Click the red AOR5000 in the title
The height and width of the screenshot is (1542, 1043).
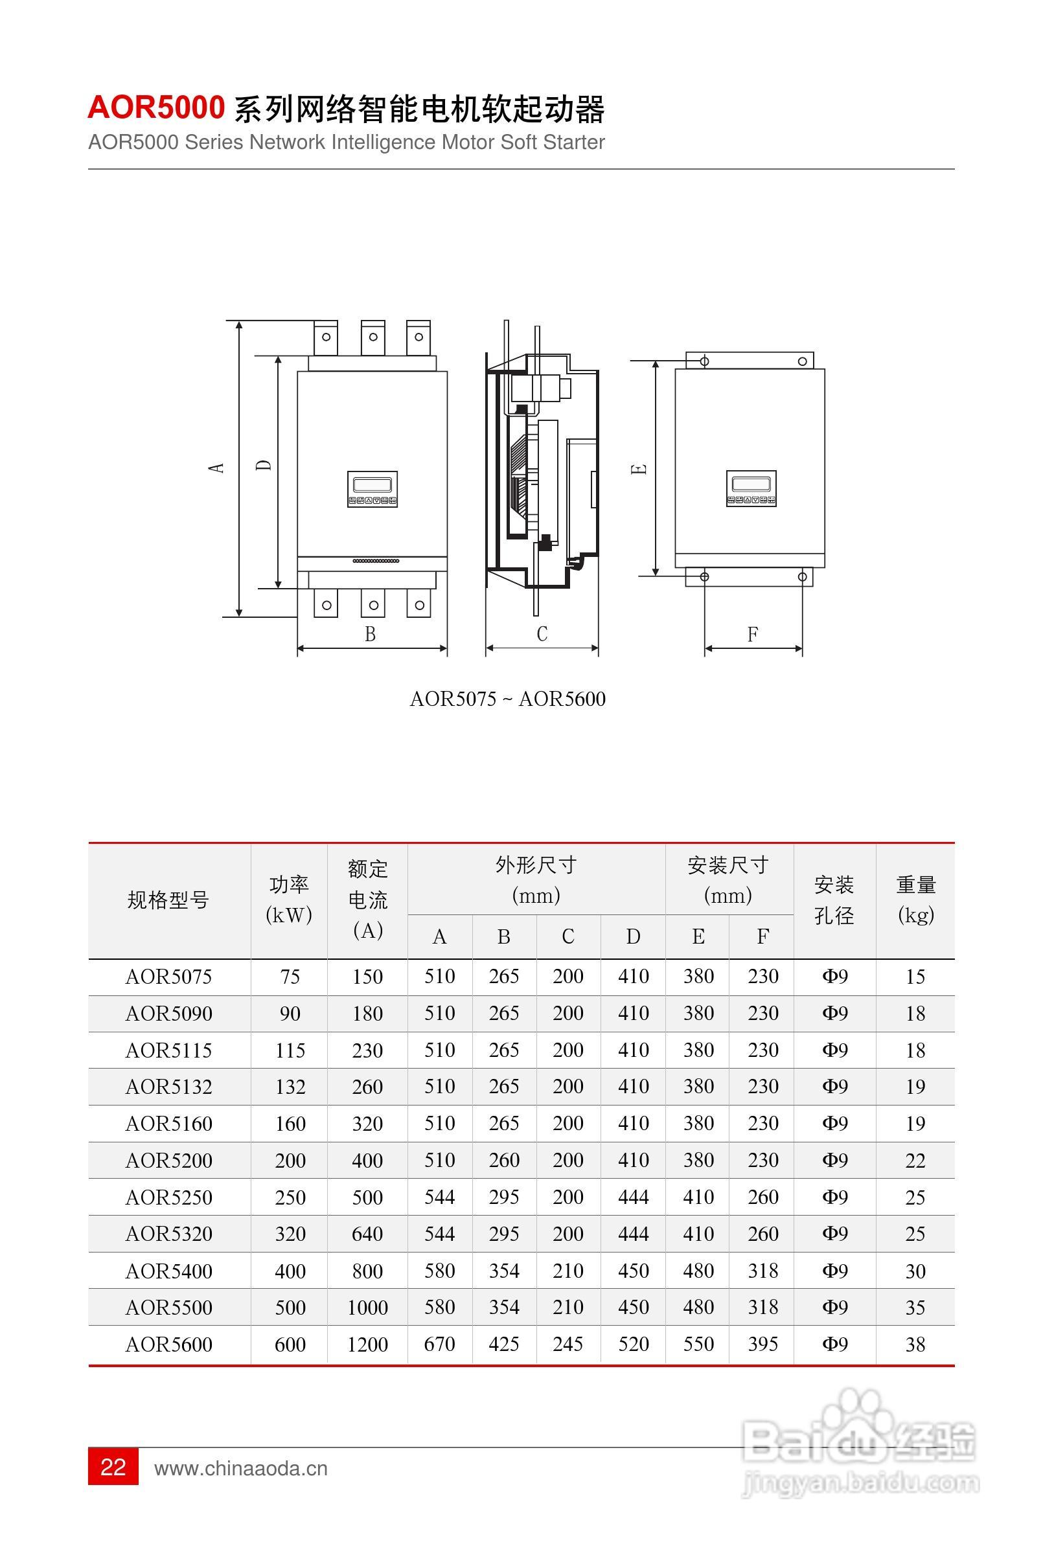coord(156,108)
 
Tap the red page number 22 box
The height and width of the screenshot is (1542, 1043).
coord(113,1466)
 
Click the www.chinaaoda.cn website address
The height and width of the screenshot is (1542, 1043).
coord(240,1468)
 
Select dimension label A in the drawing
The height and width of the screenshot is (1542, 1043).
coord(216,467)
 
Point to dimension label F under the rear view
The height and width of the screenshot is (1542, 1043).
coord(752,634)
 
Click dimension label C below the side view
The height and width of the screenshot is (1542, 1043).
coord(542,633)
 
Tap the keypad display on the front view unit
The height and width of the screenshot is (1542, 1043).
coord(372,490)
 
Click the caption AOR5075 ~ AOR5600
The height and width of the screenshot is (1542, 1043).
coord(507,699)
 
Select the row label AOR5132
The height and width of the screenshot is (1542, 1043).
coord(168,1087)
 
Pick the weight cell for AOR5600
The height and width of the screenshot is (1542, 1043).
coord(915,1344)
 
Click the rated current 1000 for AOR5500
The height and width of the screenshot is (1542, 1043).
coord(367,1307)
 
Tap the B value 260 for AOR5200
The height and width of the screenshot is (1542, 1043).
coord(504,1160)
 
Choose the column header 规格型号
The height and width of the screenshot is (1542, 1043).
coord(168,900)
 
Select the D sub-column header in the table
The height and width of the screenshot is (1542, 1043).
coord(633,936)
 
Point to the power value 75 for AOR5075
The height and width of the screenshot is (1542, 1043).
coord(290,977)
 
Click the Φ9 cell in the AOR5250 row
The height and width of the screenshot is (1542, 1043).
coord(834,1197)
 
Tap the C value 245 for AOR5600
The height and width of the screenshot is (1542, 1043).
coord(567,1344)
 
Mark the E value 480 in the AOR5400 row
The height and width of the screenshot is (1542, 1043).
coord(698,1271)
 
